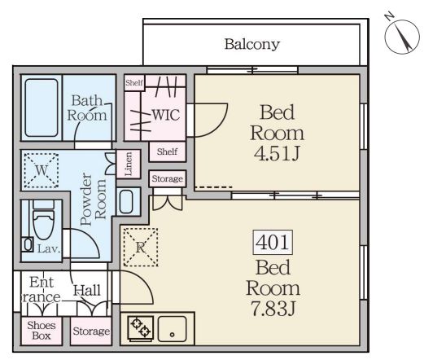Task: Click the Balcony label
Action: tap(252, 45)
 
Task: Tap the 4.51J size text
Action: tap(277, 154)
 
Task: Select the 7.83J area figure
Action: tap(273, 309)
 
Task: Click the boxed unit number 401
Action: tap(273, 242)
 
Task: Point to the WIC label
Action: tap(166, 115)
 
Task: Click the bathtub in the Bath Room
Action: tap(42, 108)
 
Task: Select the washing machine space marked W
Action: tap(42, 170)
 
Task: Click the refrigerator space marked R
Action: tap(141, 248)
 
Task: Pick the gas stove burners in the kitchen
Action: tap(141, 328)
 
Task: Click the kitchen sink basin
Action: tap(172, 329)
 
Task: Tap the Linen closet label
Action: tap(129, 164)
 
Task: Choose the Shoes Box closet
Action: tap(42, 331)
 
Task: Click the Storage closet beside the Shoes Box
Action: tap(91, 331)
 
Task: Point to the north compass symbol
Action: tap(402, 35)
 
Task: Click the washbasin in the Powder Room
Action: tap(126, 202)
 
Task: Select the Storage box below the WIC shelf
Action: tap(168, 178)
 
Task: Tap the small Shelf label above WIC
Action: tap(134, 83)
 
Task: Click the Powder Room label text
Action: tap(93, 199)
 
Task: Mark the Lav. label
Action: tap(49, 249)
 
